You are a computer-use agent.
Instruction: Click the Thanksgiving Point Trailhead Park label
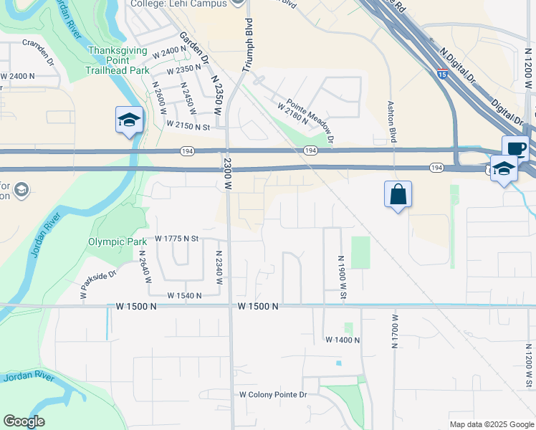118,60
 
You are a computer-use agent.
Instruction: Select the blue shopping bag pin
398,194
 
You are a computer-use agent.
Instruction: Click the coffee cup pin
515,148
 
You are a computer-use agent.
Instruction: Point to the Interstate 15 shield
442,72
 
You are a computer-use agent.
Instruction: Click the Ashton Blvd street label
392,121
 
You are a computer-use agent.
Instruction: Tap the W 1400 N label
342,339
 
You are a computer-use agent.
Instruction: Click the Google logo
24,421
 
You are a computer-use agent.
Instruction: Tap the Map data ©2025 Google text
492,424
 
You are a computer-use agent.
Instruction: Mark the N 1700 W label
394,331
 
